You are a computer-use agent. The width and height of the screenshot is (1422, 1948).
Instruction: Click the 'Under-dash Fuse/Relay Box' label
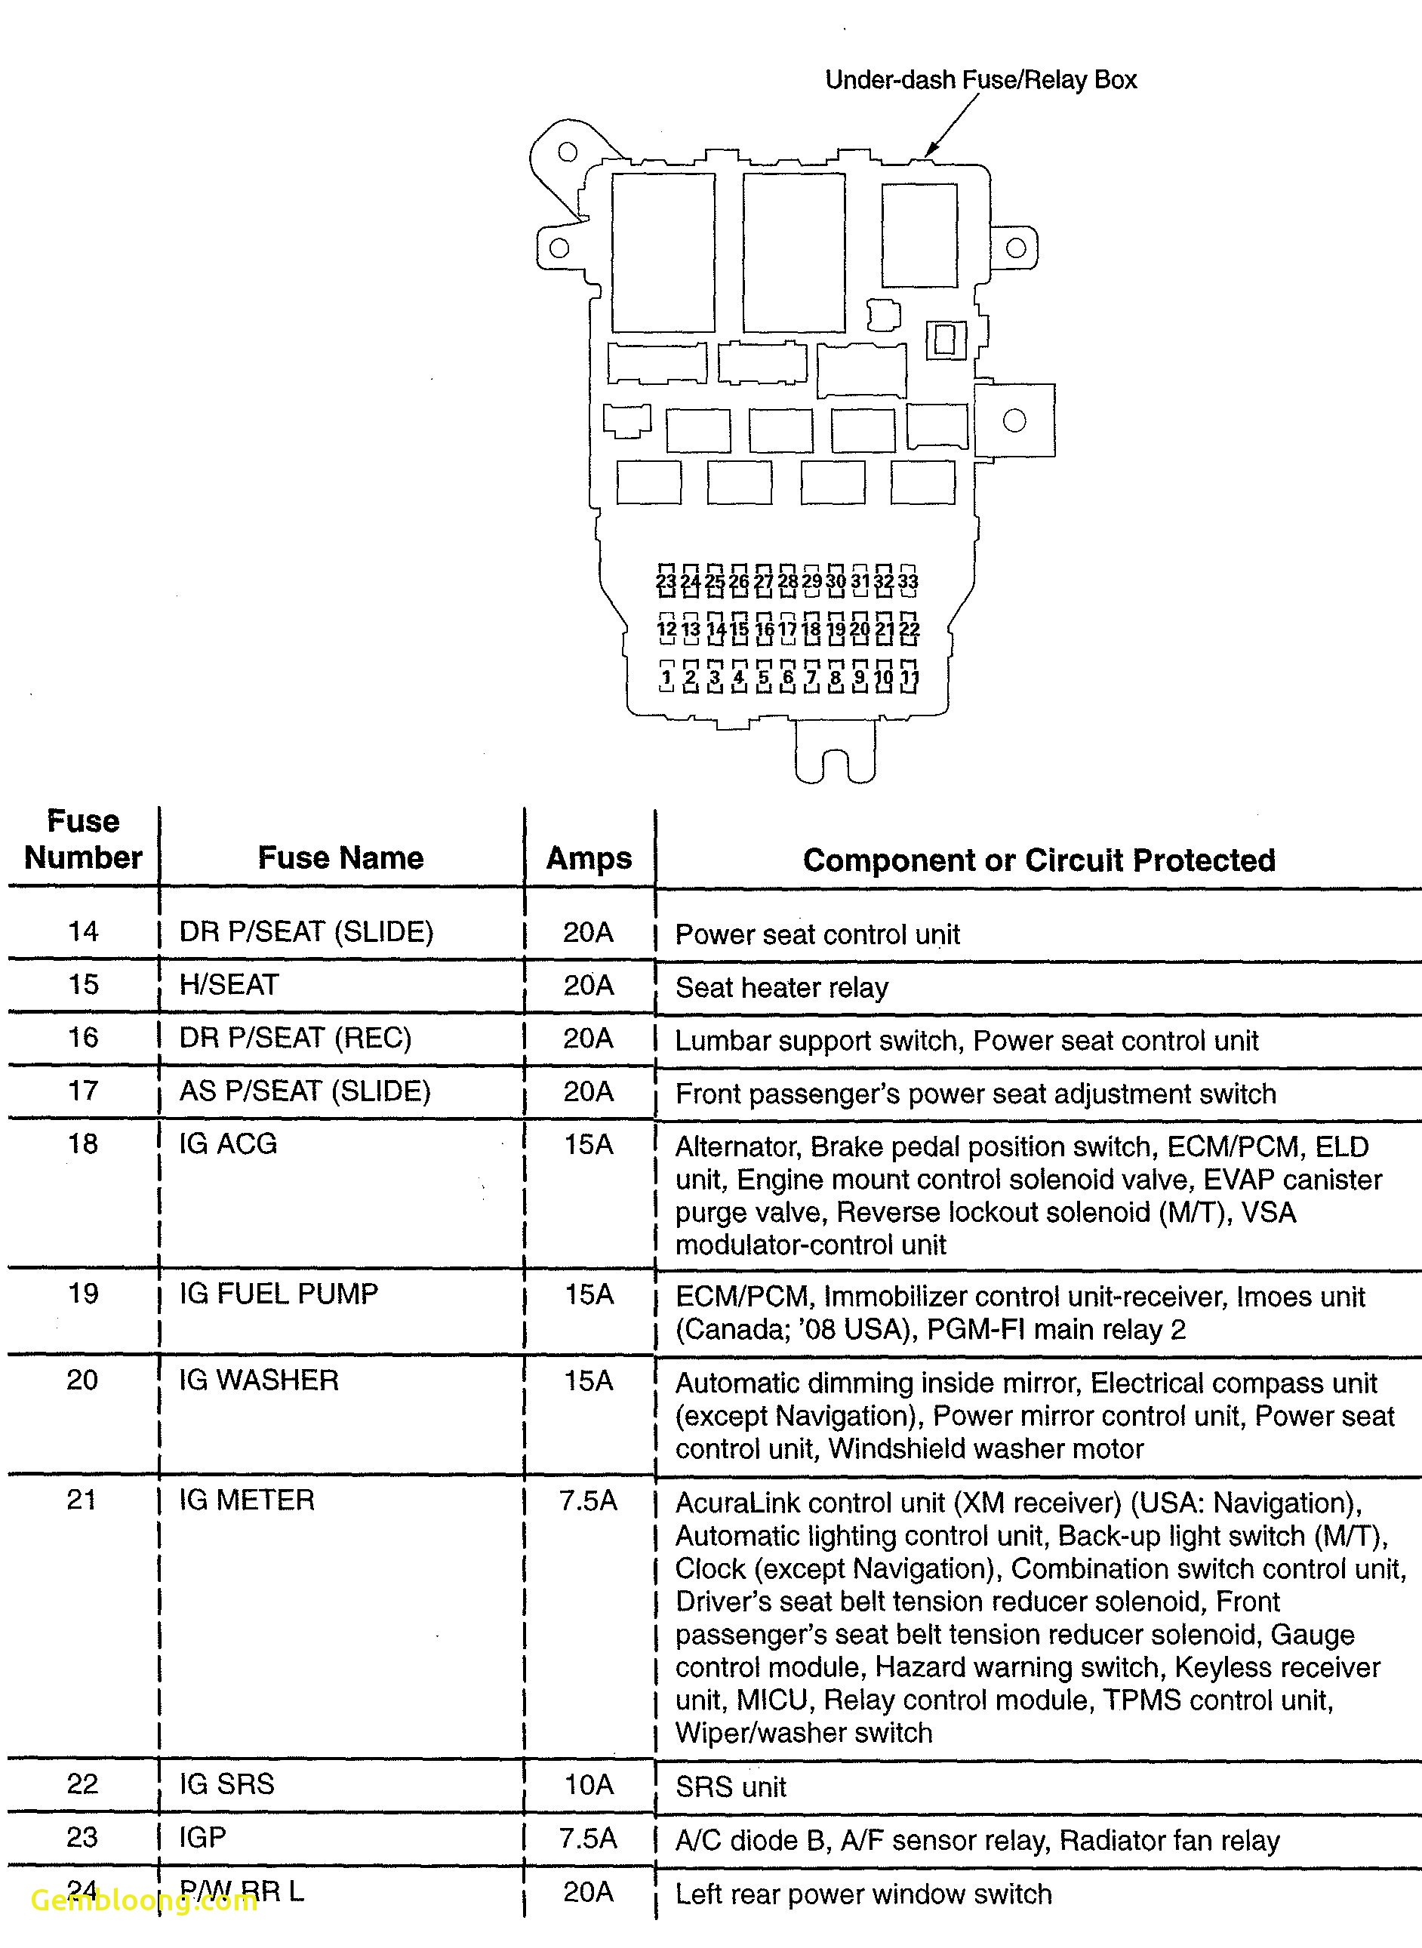[980, 80]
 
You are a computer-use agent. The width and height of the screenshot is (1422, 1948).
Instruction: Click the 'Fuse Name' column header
[341, 857]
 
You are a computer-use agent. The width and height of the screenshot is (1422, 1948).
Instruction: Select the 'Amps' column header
[589, 858]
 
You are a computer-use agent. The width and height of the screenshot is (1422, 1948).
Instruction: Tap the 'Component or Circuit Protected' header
[1039, 860]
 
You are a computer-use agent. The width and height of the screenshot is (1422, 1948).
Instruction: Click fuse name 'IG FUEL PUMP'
[278, 1293]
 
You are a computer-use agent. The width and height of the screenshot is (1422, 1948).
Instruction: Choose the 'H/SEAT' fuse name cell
[229, 984]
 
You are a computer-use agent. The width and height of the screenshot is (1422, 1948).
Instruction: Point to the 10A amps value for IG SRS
[589, 1783]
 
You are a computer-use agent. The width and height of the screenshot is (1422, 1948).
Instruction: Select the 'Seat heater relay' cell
[782, 987]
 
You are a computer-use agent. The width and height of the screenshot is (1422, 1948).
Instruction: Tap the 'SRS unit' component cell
[731, 1787]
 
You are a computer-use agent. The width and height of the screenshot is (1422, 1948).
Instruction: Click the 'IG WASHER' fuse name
[258, 1380]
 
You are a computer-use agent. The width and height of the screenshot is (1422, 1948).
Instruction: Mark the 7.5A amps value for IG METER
[588, 1500]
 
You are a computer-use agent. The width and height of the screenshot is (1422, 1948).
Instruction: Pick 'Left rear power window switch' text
[863, 1894]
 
